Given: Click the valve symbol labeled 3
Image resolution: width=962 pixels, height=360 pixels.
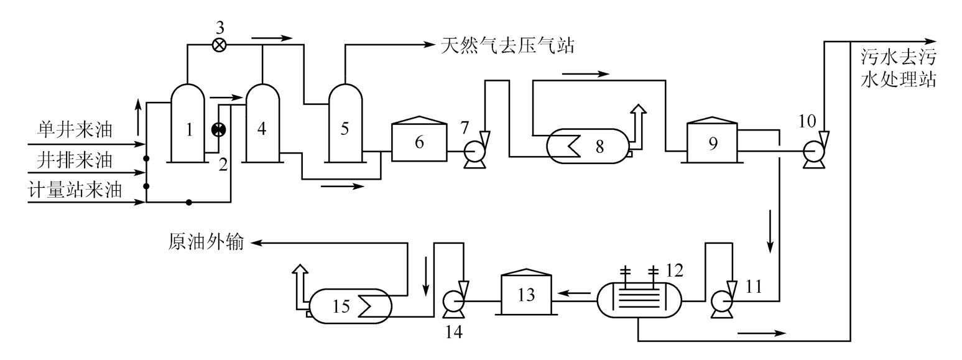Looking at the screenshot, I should tap(219, 45).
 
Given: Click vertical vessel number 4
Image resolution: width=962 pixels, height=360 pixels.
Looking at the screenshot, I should tap(262, 124).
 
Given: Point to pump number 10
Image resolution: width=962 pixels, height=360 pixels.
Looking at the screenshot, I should tap(812, 150).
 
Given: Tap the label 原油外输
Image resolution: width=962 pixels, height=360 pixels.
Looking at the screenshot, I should tap(207, 242).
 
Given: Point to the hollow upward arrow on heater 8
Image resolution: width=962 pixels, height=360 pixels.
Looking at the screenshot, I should tap(638, 122).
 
